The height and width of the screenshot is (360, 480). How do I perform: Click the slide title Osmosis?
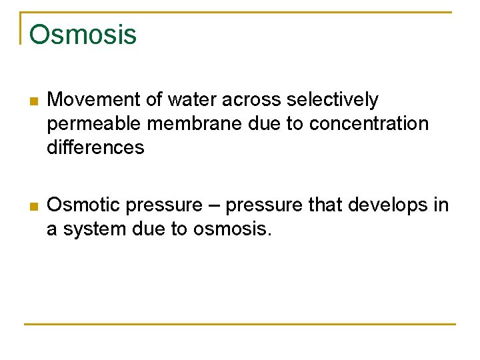[x=83, y=35]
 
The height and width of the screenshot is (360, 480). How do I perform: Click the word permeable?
[x=94, y=124]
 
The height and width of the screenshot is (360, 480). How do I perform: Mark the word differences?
[x=95, y=147]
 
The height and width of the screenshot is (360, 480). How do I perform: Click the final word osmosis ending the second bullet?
[x=232, y=229]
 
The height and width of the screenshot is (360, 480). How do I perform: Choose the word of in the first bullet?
[x=155, y=100]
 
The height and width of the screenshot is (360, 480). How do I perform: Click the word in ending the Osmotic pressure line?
[x=441, y=205]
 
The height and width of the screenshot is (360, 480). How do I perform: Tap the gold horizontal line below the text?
[x=240, y=324]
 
